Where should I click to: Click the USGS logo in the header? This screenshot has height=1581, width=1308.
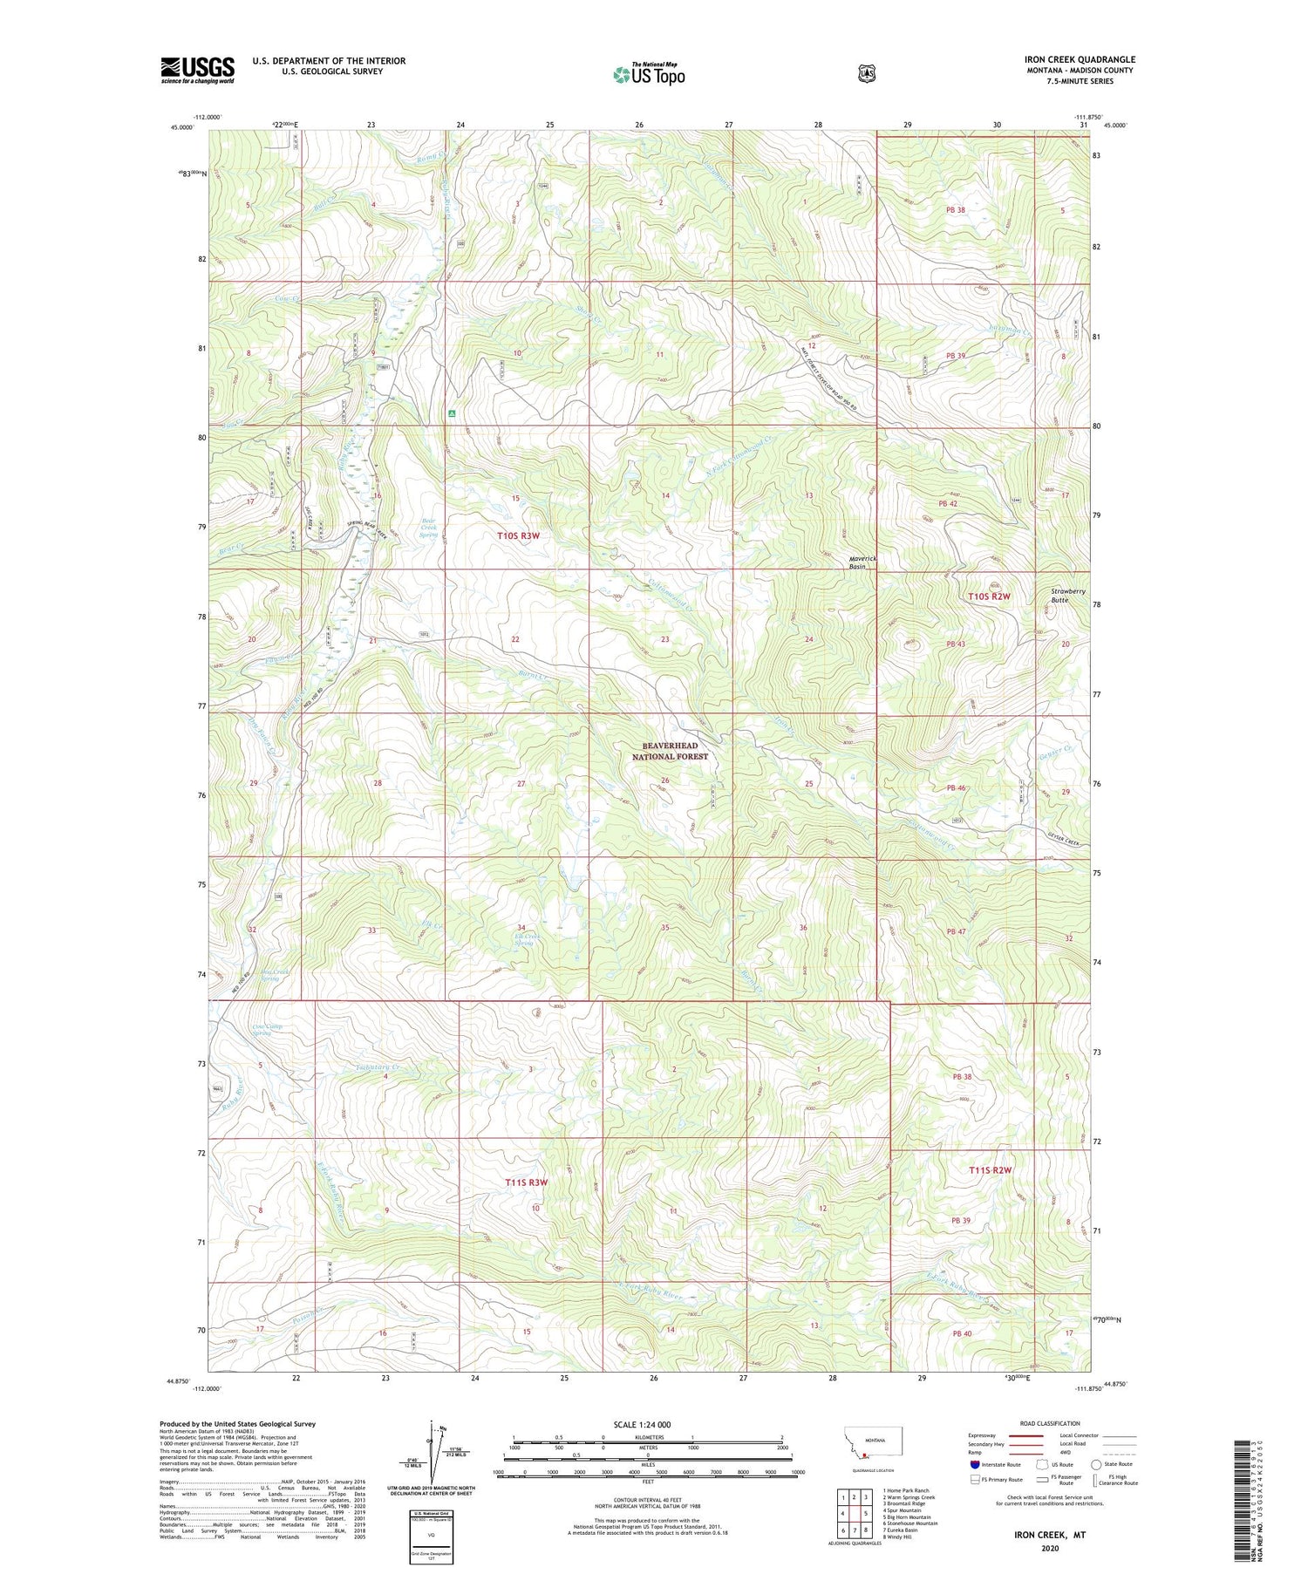[197, 70]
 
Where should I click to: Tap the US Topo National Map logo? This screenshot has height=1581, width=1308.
[649, 73]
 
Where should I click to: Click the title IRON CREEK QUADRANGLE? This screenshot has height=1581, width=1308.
[1080, 60]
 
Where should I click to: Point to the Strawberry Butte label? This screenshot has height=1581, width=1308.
[1067, 596]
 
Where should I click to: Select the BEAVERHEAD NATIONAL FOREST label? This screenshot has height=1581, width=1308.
[670, 752]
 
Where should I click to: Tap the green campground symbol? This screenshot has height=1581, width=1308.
[452, 413]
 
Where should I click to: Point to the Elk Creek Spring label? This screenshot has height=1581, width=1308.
[526, 940]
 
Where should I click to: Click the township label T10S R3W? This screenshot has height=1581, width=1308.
[517, 537]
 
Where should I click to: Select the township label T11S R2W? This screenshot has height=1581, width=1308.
[989, 1170]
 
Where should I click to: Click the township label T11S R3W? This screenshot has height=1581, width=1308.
[527, 1182]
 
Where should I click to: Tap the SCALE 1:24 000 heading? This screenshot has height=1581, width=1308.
[643, 1424]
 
